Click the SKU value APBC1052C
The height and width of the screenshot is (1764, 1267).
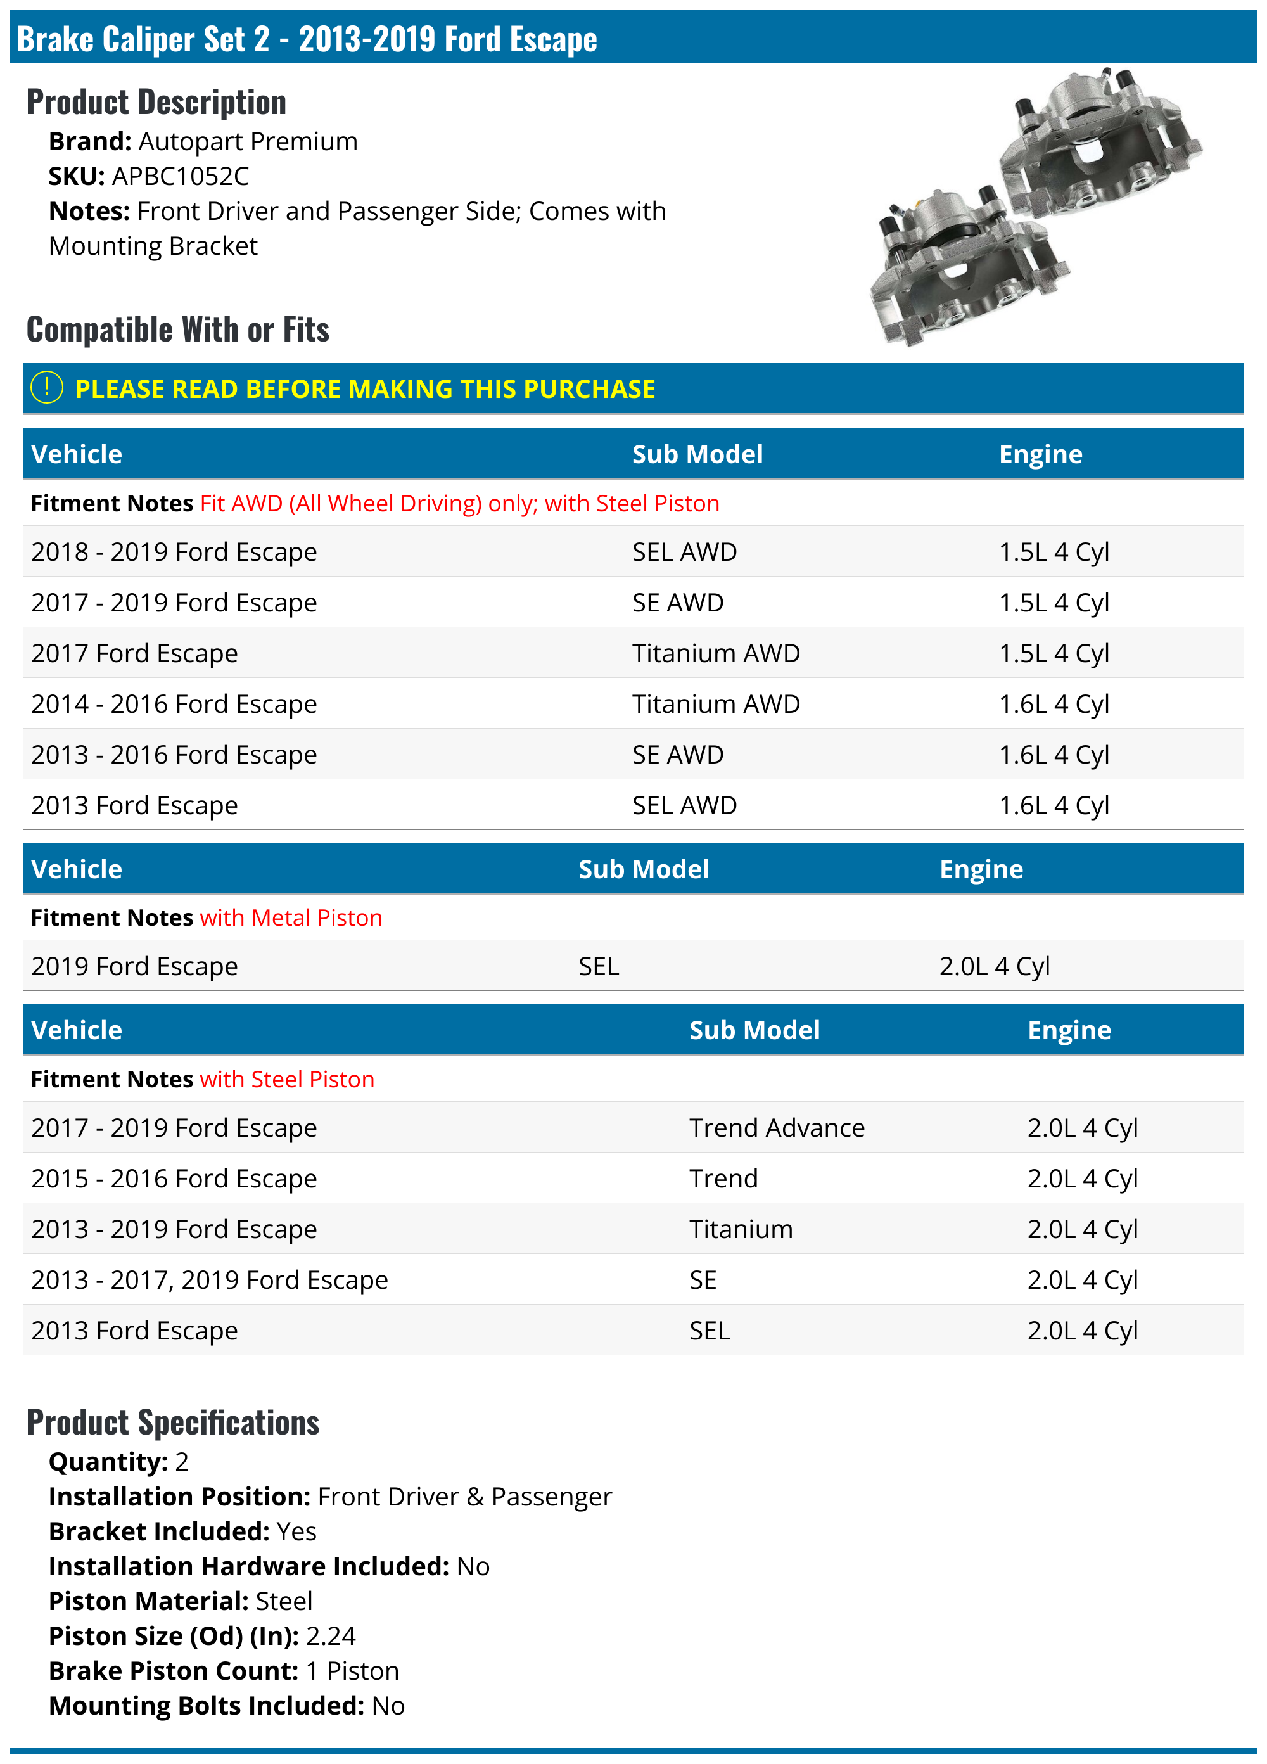181,177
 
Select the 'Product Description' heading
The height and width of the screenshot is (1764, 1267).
156,102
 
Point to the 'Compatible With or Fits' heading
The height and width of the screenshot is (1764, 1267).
178,329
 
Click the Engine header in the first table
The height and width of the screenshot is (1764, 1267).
1040,454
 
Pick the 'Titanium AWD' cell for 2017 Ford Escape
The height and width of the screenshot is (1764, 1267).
716,653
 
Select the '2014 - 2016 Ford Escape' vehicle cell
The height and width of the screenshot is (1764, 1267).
174,704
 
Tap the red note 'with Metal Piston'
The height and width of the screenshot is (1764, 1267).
291,917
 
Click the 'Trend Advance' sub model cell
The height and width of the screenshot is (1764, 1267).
776,1128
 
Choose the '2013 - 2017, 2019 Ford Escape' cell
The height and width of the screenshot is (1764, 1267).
209,1279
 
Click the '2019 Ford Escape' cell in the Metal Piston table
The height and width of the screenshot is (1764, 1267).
134,966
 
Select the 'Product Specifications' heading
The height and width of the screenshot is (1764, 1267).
173,1422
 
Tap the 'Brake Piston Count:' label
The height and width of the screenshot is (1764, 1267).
174,1671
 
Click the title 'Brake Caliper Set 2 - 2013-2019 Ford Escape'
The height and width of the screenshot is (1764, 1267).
307,39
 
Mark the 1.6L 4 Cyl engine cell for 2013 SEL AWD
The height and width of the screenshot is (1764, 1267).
1054,805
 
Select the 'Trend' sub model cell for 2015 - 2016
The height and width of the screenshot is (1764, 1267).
723,1179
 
